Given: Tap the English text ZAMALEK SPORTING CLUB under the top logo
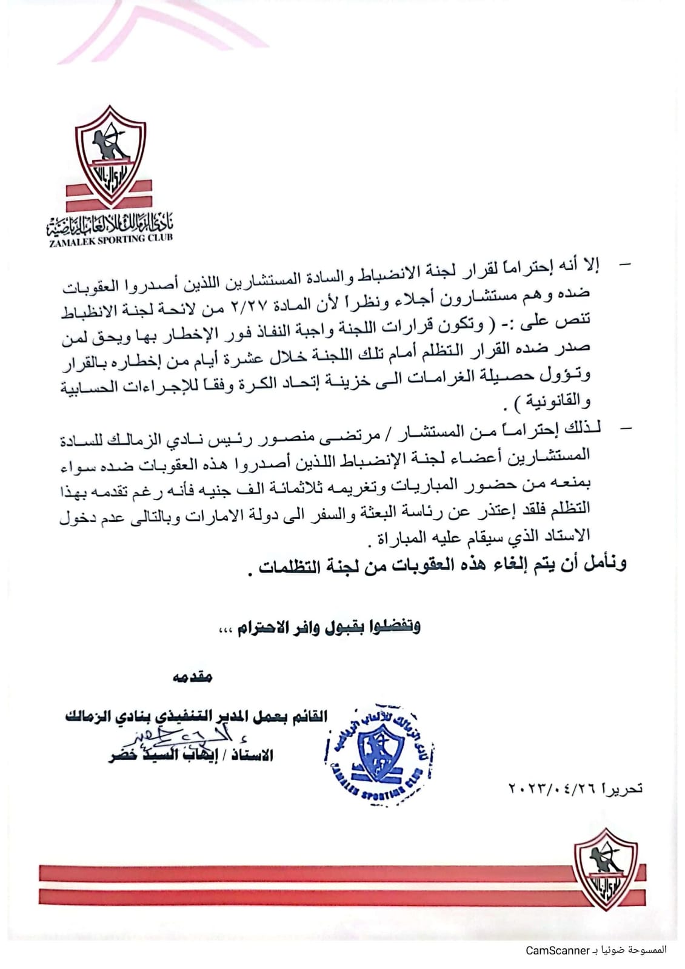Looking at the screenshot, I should click(x=110, y=239).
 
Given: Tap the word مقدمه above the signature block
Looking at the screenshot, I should click(x=193, y=677).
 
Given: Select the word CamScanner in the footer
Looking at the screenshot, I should click(x=558, y=950).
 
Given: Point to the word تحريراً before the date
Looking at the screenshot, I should click(x=621, y=789).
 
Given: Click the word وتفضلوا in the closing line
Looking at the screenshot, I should click(x=396, y=626).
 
